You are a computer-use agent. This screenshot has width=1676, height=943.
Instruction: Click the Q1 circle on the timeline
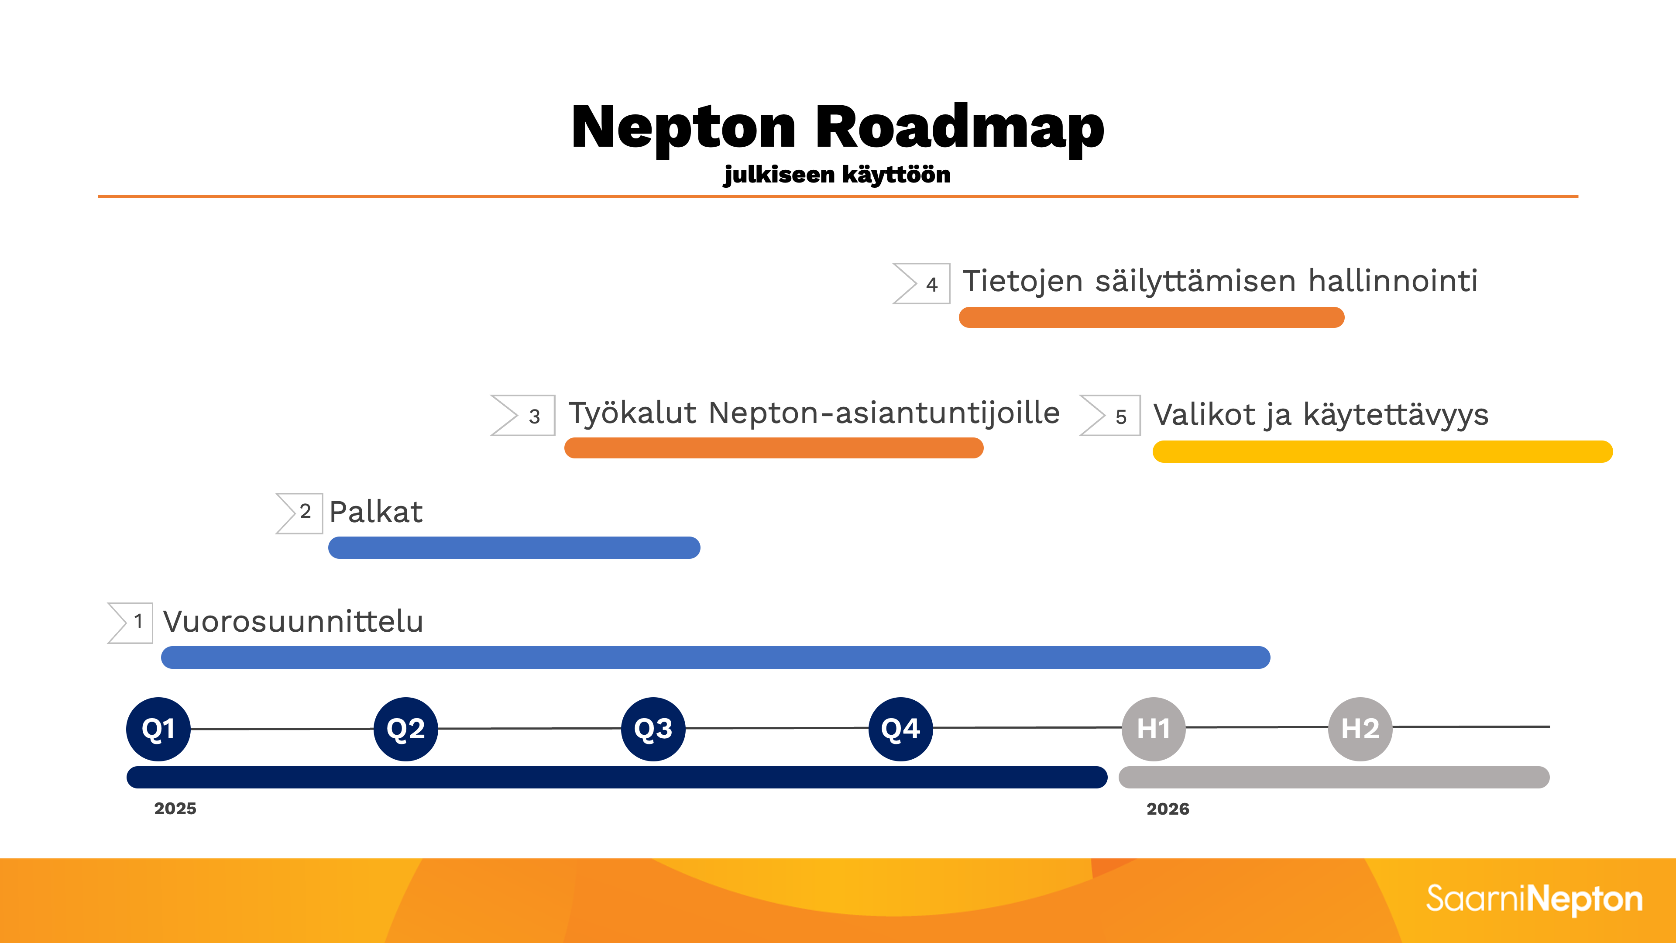click(x=158, y=729)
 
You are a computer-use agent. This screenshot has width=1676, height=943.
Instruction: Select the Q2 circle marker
click(x=405, y=729)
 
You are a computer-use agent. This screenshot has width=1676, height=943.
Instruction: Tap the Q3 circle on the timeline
click(x=653, y=729)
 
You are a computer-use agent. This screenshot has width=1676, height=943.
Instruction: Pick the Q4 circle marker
click(x=900, y=729)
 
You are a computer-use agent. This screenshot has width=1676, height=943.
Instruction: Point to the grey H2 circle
click(x=1360, y=729)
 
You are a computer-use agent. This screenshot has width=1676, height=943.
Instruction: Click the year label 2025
click(x=175, y=808)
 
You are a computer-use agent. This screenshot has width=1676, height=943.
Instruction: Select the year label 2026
click(x=1168, y=809)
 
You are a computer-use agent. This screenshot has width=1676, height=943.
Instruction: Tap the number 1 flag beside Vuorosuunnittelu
click(x=130, y=623)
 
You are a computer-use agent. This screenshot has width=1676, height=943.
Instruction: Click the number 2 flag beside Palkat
click(x=299, y=513)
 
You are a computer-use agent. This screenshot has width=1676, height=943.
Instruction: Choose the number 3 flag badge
click(x=522, y=415)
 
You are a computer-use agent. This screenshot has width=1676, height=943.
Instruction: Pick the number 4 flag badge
click(x=921, y=283)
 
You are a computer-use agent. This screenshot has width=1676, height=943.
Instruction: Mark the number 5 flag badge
click(x=1110, y=415)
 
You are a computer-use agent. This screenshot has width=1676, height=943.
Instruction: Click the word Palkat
click(x=376, y=512)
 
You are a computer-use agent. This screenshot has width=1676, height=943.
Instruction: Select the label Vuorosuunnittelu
click(x=293, y=622)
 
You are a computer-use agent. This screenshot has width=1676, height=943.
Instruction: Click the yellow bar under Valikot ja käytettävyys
click(x=1383, y=452)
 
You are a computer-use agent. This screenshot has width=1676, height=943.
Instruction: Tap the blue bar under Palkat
click(x=514, y=547)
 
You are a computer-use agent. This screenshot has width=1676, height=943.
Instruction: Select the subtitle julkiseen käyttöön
click(x=837, y=175)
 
